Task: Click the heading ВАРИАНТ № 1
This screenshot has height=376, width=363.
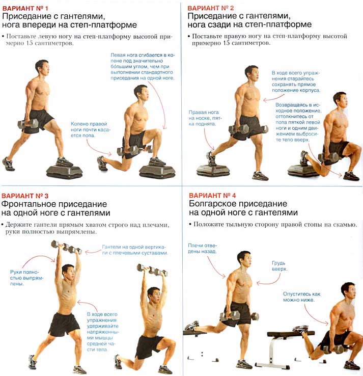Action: click(x=25, y=8)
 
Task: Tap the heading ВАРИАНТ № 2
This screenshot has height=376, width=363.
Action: click(x=211, y=8)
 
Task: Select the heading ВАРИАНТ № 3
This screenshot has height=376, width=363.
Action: click(x=25, y=196)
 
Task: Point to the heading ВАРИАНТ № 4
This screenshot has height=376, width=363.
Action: click(x=212, y=196)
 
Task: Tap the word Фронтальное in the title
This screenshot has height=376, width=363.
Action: click(x=26, y=204)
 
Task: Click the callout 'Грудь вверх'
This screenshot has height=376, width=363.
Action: click(x=279, y=266)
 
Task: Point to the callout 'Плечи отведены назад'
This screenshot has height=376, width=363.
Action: click(x=202, y=249)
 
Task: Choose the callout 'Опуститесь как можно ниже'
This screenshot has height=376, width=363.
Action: click(x=301, y=297)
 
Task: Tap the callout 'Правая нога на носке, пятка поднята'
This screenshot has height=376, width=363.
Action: click(x=205, y=118)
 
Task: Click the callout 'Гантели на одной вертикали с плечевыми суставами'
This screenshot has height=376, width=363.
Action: click(x=135, y=250)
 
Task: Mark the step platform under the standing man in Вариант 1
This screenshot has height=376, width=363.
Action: click(x=64, y=171)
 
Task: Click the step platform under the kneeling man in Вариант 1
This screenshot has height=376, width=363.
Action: click(x=157, y=171)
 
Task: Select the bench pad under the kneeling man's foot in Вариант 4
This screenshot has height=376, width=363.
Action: click(x=291, y=334)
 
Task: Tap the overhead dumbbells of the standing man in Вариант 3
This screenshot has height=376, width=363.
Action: click(x=66, y=247)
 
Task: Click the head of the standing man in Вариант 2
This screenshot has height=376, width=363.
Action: click(x=252, y=73)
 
